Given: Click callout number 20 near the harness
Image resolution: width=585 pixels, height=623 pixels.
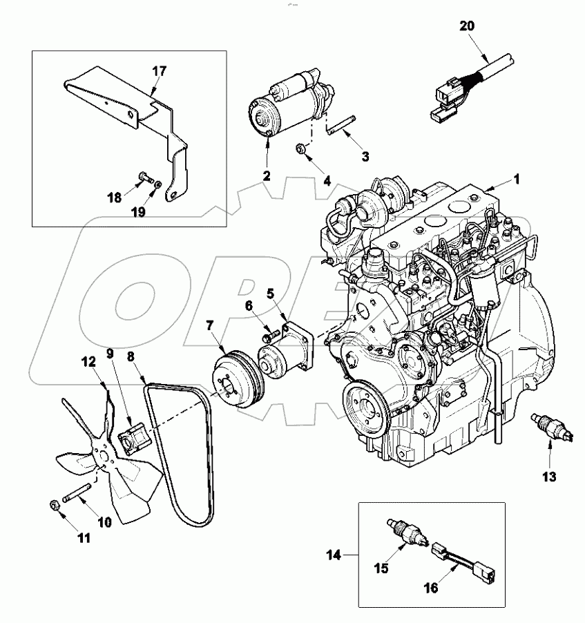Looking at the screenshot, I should [467, 26].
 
